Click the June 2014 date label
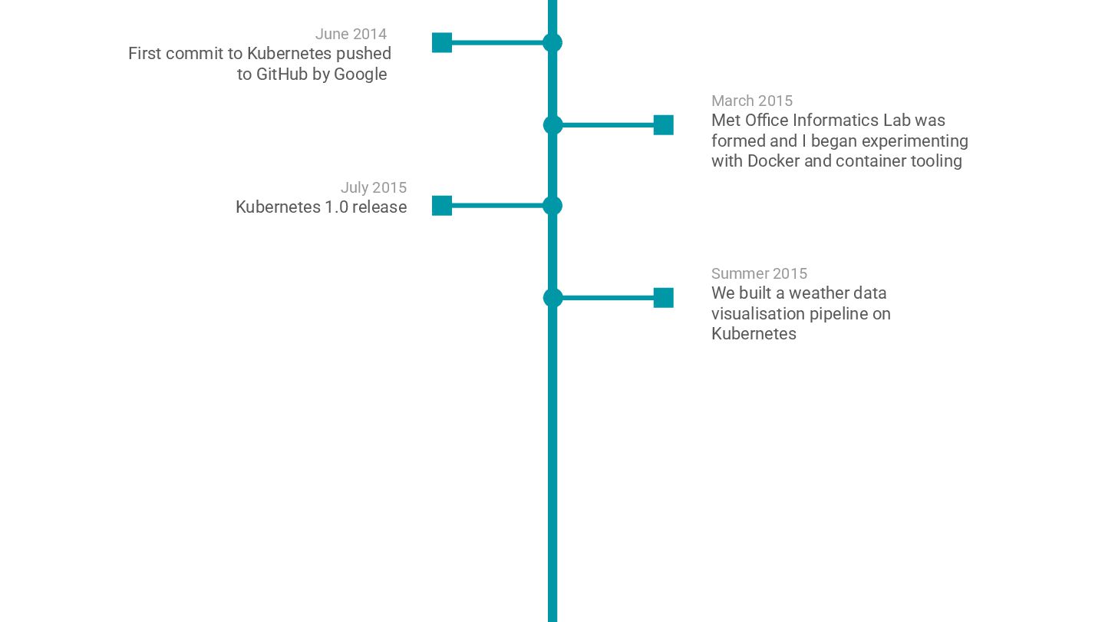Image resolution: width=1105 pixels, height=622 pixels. (x=351, y=34)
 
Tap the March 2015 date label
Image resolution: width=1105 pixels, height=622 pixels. (x=751, y=101)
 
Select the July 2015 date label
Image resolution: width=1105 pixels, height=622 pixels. (x=373, y=187)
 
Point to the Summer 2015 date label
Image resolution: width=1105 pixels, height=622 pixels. (x=759, y=273)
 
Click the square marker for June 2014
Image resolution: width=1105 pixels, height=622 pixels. (x=442, y=43)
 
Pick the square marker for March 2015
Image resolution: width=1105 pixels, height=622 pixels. (x=663, y=125)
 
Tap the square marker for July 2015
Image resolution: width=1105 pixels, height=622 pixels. (x=442, y=206)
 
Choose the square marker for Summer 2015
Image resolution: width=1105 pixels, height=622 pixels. (x=663, y=298)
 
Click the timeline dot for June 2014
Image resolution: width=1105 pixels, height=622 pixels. (x=552, y=43)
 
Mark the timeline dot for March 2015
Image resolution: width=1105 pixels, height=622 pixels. (x=552, y=125)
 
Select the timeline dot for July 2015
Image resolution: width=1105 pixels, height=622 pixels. (x=552, y=206)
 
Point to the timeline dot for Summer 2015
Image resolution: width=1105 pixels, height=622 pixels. (x=552, y=298)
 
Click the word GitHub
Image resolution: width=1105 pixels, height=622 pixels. (x=282, y=74)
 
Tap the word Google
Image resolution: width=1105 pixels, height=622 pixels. (x=360, y=74)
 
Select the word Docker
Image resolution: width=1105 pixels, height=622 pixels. (x=773, y=161)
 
